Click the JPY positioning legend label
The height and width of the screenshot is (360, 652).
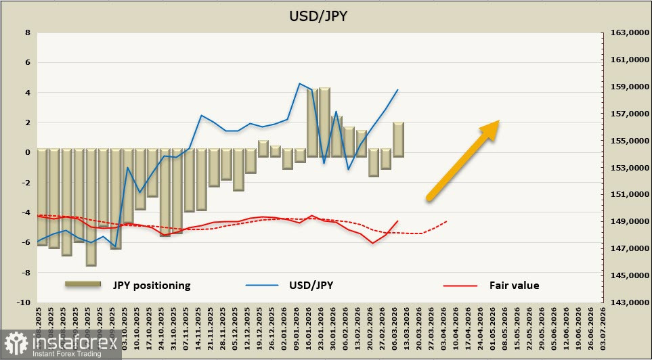pos(152,285)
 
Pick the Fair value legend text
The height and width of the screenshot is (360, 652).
pos(514,285)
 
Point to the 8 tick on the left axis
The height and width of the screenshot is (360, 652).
pos(27,32)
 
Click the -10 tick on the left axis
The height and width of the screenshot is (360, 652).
pos(24,302)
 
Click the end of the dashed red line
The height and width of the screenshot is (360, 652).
pos(447,221)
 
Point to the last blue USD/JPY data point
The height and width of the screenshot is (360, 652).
pos(398,89)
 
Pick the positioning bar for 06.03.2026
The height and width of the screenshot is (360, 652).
pos(398,139)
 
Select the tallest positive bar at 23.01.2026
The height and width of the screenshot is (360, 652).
pos(324,122)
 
